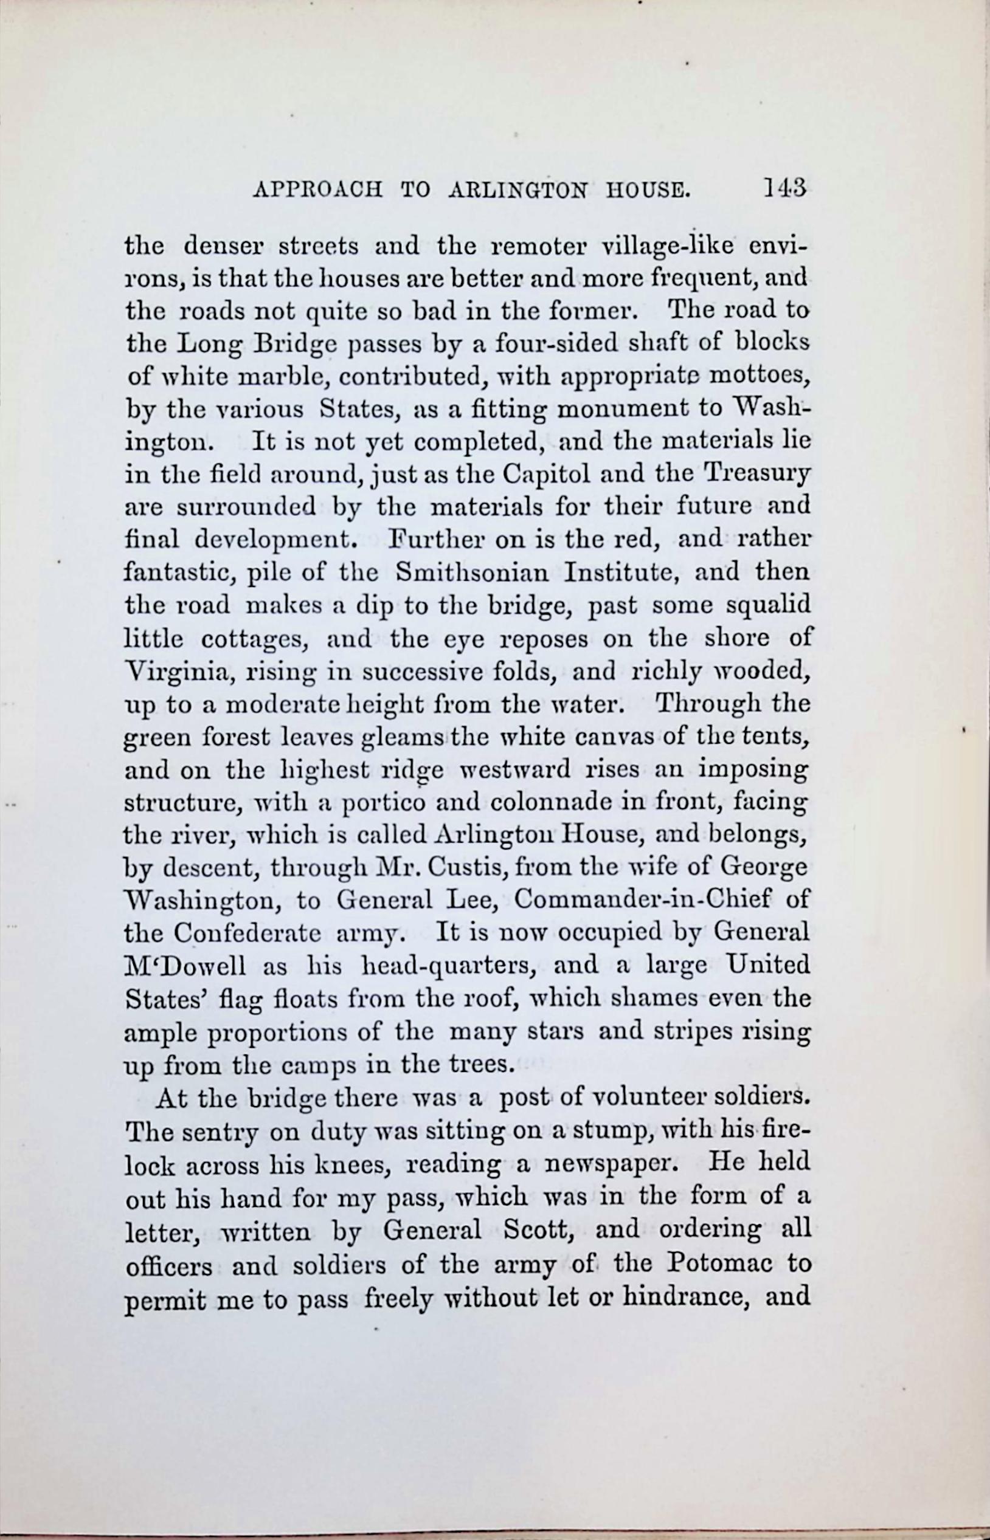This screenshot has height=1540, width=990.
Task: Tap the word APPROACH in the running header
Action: click(317, 191)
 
